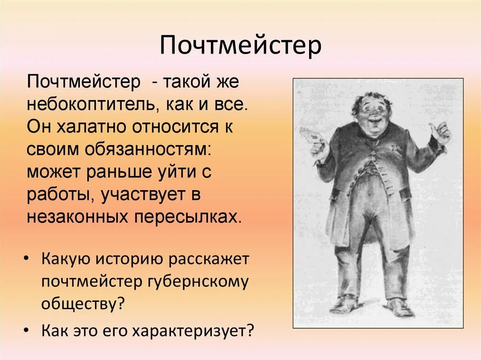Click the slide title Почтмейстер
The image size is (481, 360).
point(240,46)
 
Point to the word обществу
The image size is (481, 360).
point(83,304)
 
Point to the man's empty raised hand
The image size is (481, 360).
point(441,133)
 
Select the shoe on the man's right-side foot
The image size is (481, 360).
point(400,307)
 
